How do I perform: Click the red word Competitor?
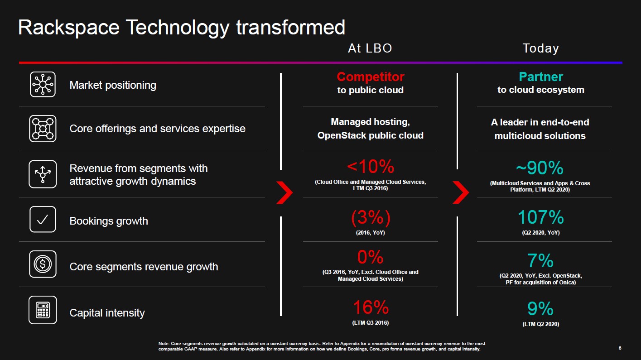pyautogui.click(x=370, y=77)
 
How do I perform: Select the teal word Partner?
pyautogui.click(x=540, y=77)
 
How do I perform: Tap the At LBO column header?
pyautogui.click(x=370, y=48)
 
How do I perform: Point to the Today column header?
pyautogui.click(x=540, y=48)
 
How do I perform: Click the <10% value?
pyautogui.click(x=370, y=167)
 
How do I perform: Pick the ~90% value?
pyautogui.click(x=540, y=168)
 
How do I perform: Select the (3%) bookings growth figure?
pyautogui.click(x=370, y=218)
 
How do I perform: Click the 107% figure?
pyautogui.click(x=540, y=218)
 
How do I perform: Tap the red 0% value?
pyautogui.click(x=370, y=258)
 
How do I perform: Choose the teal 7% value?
pyautogui.click(x=540, y=261)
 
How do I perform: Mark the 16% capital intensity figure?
pyautogui.click(x=370, y=308)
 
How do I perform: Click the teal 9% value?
pyautogui.click(x=540, y=309)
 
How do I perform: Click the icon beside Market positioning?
pyautogui.click(x=43, y=84)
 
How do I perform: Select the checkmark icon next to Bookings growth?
pyautogui.click(x=43, y=220)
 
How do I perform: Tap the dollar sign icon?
pyautogui.click(x=43, y=264)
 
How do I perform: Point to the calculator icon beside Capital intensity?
pyautogui.click(x=43, y=310)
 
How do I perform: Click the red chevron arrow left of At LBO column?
pyautogui.click(x=284, y=193)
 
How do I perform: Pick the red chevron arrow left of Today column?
pyautogui.click(x=460, y=193)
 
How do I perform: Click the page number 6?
pyautogui.click(x=620, y=348)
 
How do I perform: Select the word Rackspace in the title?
pyautogui.click(x=68, y=28)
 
